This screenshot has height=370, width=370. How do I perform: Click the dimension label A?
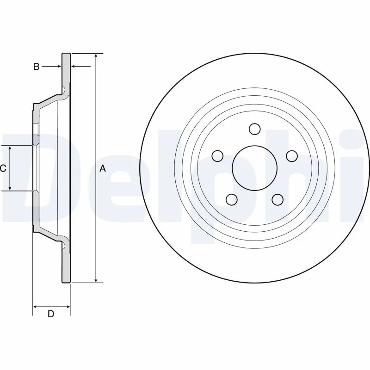point(103,169)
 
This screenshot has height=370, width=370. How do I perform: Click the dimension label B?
point(36,67)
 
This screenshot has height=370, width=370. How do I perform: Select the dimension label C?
point(3,168)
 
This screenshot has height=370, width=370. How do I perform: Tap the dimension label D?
point(51,314)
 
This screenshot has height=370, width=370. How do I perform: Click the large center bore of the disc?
point(254,167)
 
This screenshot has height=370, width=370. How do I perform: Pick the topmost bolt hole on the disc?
point(254,128)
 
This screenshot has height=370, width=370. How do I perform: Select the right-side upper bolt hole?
point(291,156)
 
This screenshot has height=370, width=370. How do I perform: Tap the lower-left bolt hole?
point(231,199)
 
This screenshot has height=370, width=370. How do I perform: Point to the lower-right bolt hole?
point(277,199)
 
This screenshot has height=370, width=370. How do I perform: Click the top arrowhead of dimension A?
point(95,55)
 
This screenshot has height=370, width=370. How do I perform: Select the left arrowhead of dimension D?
point(35,306)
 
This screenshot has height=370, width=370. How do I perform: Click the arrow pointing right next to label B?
point(58,67)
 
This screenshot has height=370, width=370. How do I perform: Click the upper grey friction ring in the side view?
point(67,69)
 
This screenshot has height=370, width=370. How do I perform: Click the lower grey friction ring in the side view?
point(67,264)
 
